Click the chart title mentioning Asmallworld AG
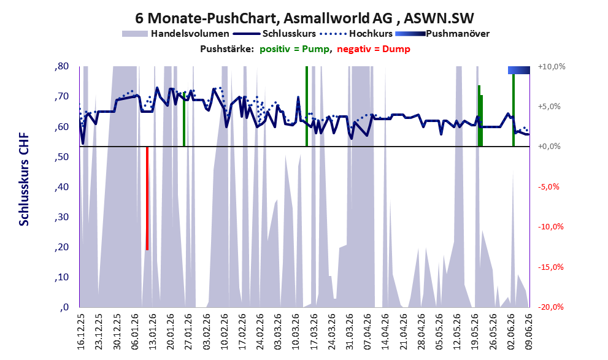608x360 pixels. pyautogui.click(x=304, y=18)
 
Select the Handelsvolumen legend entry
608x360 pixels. pyautogui.click(x=175, y=34)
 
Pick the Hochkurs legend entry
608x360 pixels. pyautogui.click(x=356, y=34)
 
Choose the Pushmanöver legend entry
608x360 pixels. pyautogui.click(x=442, y=34)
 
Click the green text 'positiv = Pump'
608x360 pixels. pyautogui.click(x=294, y=49)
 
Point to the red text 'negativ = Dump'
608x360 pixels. pyautogui.click(x=374, y=49)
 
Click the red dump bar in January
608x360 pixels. pyautogui.click(x=147, y=199)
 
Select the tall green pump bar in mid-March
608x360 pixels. pyautogui.click(x=307, y=106)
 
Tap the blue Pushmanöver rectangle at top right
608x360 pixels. pyautogui.click(x=519, y=70)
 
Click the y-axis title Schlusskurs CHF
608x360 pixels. pyautogui.click(x=24, y=180)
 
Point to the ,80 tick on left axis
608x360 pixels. pyautogui.click(x=61, y=66)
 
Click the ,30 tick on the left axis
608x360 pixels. pyautogui.click(x=61, y=216)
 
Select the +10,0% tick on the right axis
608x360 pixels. pyautogui.click(x=552, y=67)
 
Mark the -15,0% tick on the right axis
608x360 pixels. pyautogui.click(x=550, y=267)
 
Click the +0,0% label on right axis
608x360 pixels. pyautogui.click(x=549, y=147)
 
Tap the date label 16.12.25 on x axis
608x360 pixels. pyautogui.click(x=80, y=332)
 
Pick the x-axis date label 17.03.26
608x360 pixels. pyautogui.click(x=314, y=332)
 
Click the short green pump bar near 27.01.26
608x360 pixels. pyautogui.click(x=184, y=120)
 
